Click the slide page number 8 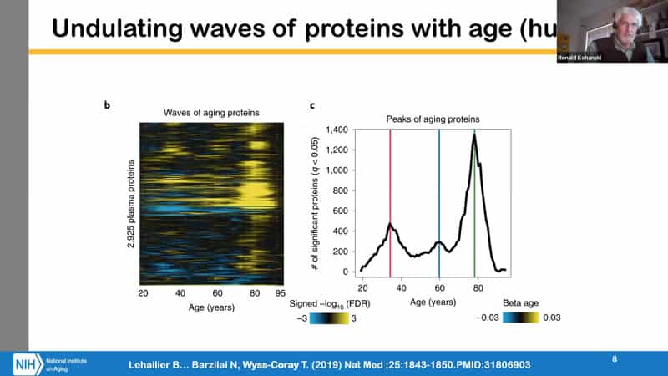pos(615,359)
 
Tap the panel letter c pos(311,106)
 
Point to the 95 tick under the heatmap pos(281,294)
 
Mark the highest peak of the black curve pos(474,135)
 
